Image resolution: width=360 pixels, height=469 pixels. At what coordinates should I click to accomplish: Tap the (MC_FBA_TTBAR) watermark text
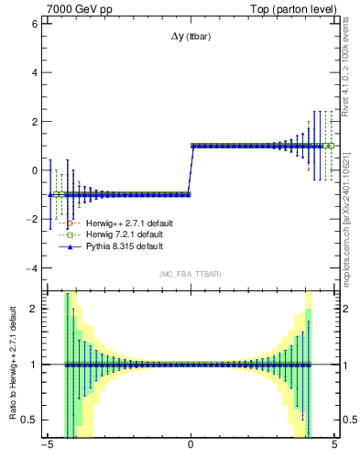click(190, 274)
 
